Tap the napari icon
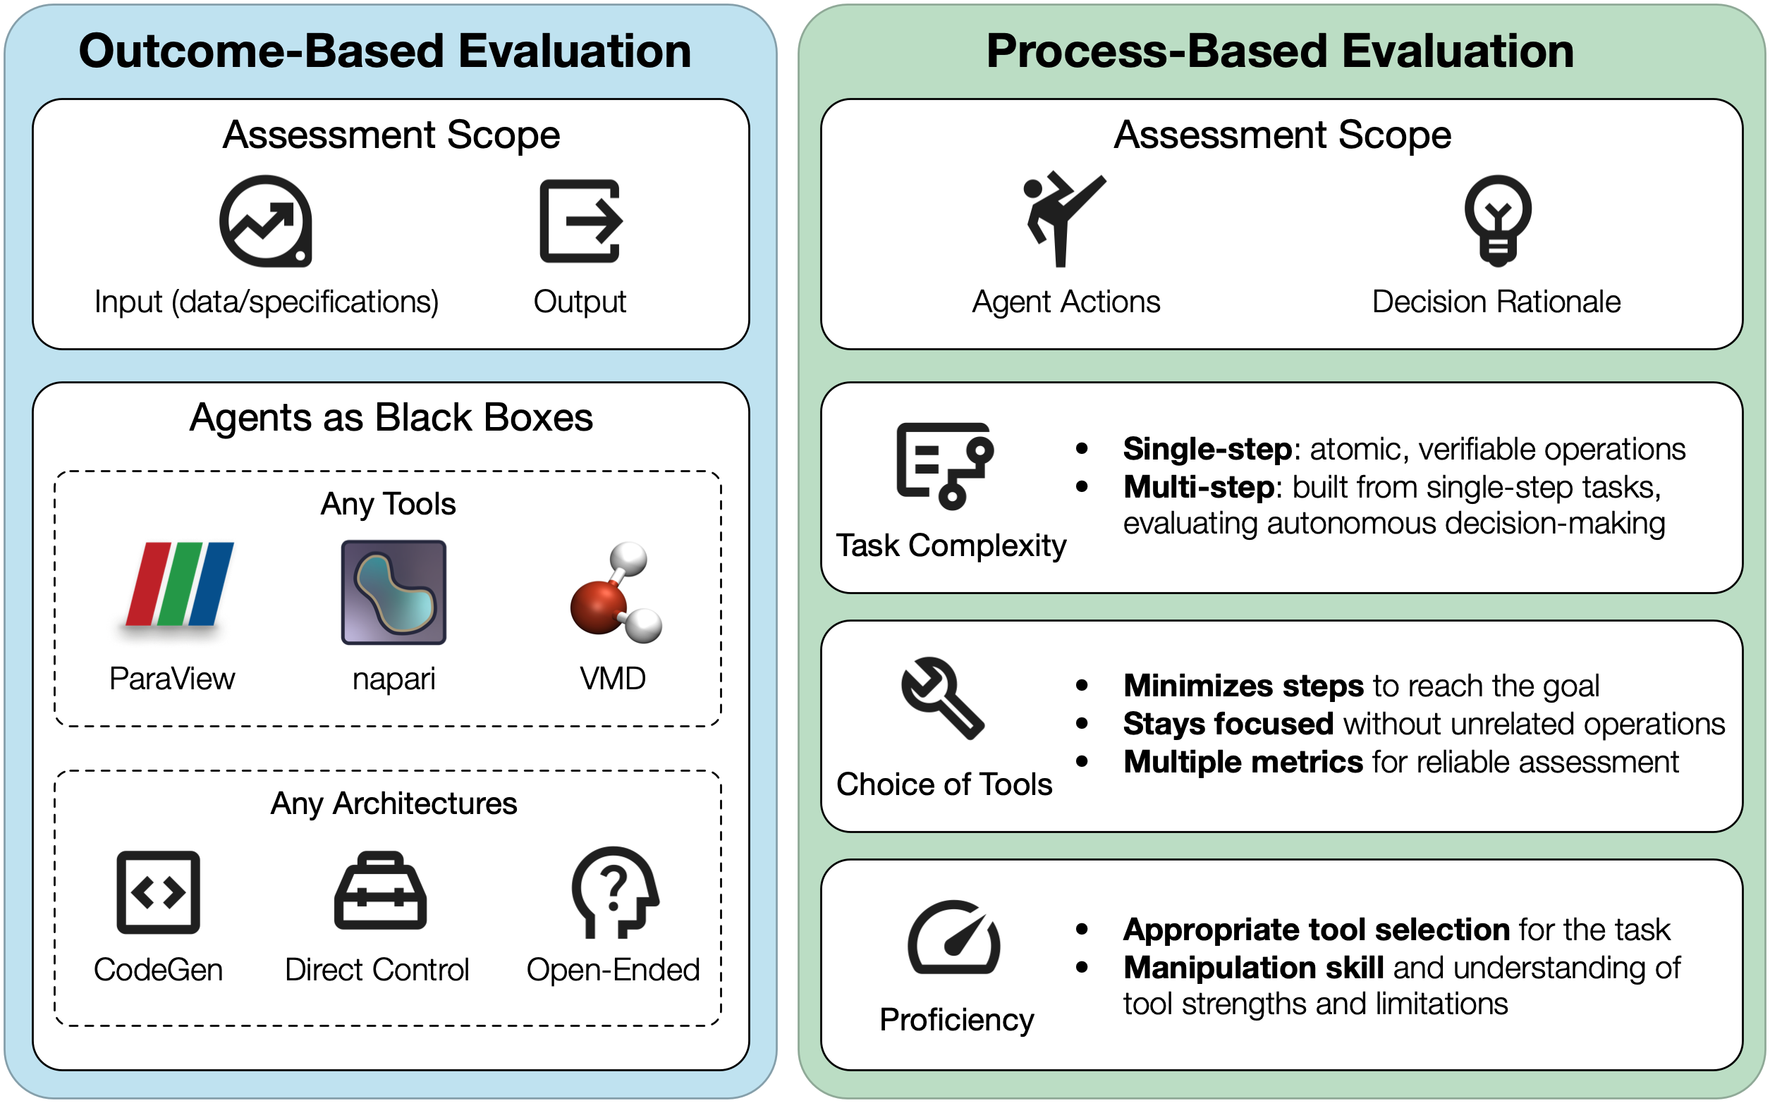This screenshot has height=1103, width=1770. tap(393, 591)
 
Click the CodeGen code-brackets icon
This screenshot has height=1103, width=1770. tap(158, 892)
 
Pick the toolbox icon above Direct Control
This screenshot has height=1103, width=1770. tap(379, 891)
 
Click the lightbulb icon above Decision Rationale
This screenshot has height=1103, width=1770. tap(1497, 220)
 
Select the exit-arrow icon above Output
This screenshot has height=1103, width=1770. tap(580, 221)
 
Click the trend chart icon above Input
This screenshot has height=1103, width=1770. tap(266, 221)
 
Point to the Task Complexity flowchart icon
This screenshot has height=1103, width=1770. tap(944, 464)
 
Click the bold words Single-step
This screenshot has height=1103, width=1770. tap(1207, 449)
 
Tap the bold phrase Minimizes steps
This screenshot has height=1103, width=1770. tap(1243, 686)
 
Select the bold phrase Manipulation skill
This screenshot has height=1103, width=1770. tap(1252, 967)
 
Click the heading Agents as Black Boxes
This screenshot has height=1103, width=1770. tap(391, 417)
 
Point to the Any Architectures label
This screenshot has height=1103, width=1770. tap(393, 803)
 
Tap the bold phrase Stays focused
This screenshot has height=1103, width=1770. tap(1228, 724)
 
